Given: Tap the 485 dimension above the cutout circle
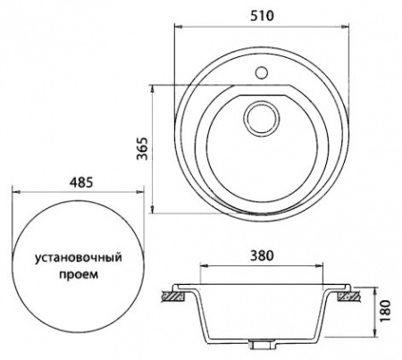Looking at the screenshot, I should click(x=80, y=180).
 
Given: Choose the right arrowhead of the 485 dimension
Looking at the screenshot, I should click(x=145, y=191).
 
